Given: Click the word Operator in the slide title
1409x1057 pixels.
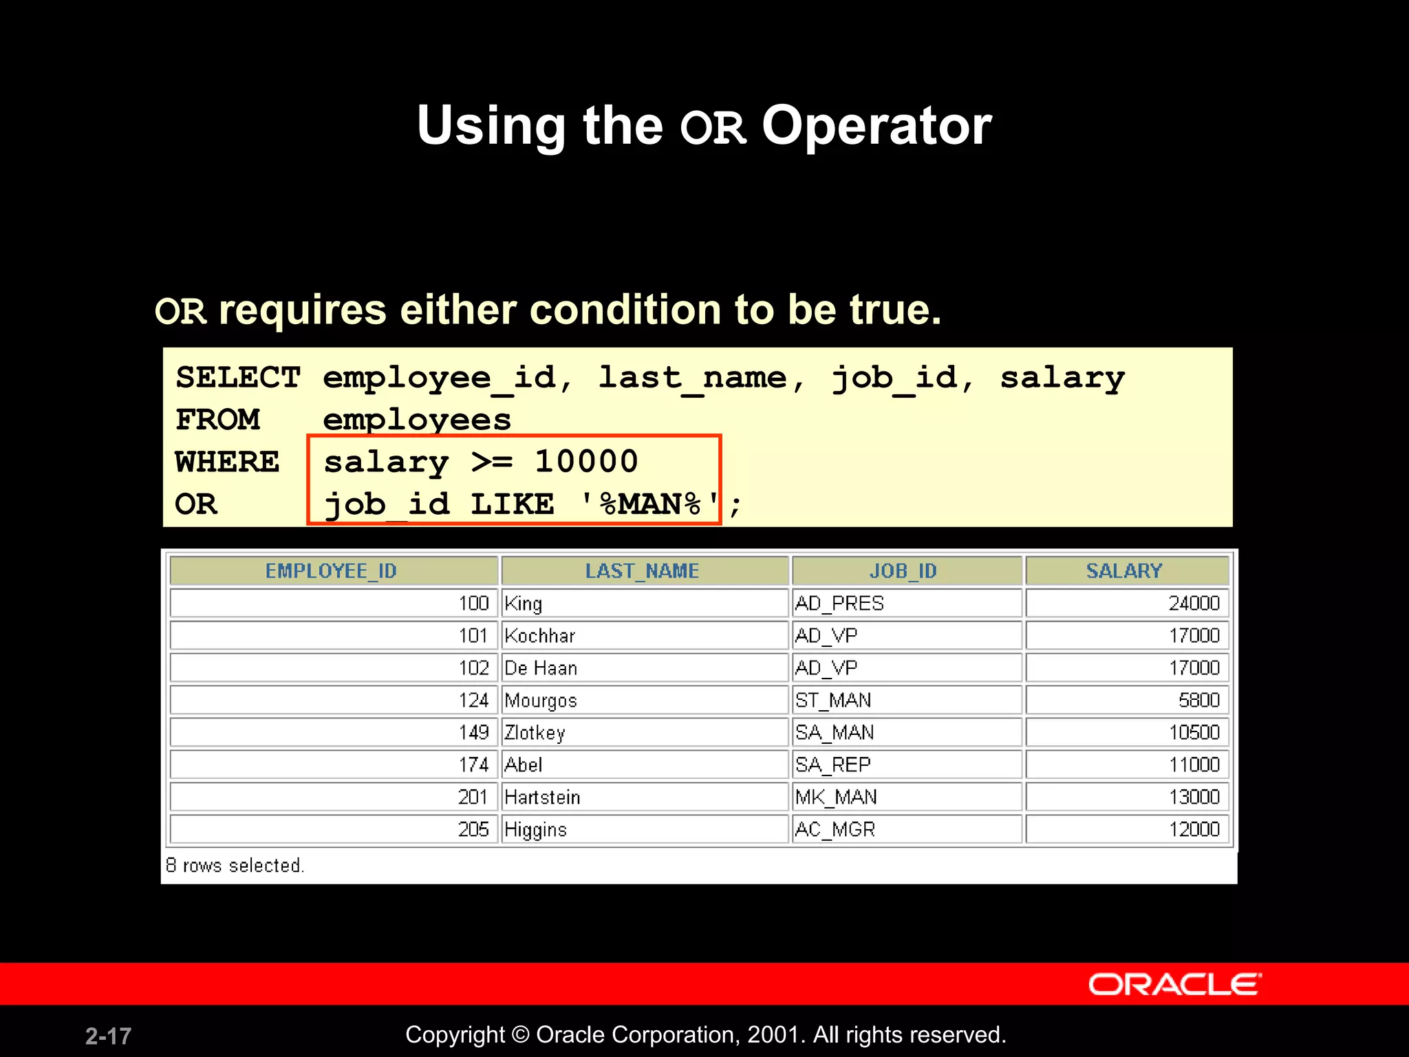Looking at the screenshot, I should coord(876,126).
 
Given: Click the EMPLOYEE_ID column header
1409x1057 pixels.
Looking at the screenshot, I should coord(331,570).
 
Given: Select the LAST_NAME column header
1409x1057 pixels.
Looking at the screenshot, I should coord(642,570).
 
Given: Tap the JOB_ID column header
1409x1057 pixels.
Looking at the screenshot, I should coord(903,570).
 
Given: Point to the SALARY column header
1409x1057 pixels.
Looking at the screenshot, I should coord(1123,570).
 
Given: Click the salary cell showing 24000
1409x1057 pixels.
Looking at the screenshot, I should coord(1194,604).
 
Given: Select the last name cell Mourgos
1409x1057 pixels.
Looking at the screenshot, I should coord(541,701).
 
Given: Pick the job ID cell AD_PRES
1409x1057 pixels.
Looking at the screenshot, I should coord(839,604).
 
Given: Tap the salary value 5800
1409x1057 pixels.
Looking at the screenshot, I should coord(1198,701).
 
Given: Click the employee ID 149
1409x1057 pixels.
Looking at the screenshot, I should coord(473,732).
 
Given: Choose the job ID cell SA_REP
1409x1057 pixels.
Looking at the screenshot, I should coord(833,765).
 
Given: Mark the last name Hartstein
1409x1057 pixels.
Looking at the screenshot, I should coord(542,797).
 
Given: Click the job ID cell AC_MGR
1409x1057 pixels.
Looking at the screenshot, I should coord(835,829).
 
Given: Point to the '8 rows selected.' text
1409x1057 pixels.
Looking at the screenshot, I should coord(235,865).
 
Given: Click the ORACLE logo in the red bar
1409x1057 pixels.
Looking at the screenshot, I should coord(1174,984).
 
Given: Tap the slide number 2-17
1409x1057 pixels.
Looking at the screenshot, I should coord(108,1036).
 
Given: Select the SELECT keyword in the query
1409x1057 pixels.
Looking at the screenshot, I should coord(238,377).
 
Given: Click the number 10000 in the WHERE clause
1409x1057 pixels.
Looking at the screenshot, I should coord(586,461).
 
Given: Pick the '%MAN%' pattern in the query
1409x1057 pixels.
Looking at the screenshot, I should coord(649,504).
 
